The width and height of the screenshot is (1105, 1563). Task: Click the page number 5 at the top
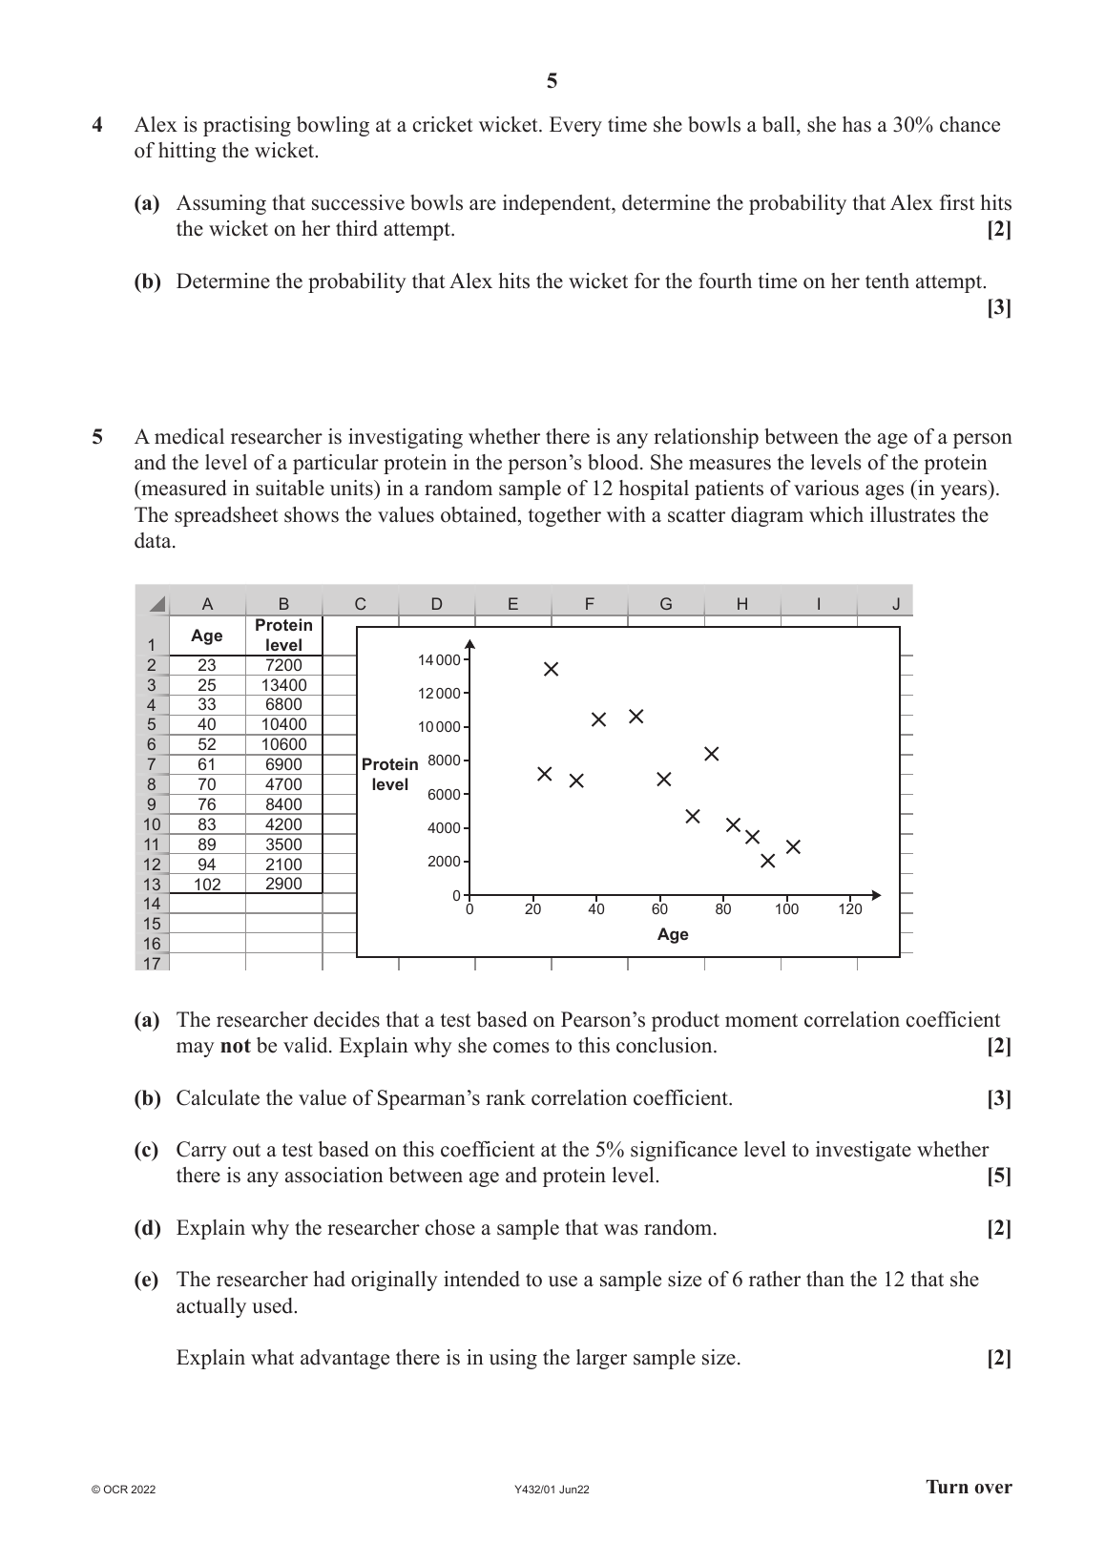(x=552, y=82)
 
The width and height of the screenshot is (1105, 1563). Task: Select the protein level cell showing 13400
(x=283, y=685)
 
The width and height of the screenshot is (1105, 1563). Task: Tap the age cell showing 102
(x=207, y=885)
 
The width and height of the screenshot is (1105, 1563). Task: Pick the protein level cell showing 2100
(x=283, y=865)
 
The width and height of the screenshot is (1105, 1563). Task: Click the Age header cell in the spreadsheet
(x=207, y=636)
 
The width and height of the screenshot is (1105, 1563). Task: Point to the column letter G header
(x=666, y=603)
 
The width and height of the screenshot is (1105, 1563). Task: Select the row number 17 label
(x=152, y=963)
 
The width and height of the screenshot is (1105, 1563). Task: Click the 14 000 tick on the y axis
(x=439, y=660)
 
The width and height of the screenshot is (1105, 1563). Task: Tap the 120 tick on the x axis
(x=850, y=909)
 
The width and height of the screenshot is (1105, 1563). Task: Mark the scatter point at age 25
(x=552, y=669)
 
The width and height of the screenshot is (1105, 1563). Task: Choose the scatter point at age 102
(x=793, y=846)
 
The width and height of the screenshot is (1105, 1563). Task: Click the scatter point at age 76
(x=711, y=754)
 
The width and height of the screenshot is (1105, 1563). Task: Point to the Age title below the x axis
(x=673, y=935)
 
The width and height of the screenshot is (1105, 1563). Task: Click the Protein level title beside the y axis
(x=389, y=775)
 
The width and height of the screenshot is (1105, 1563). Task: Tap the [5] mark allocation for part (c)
(x=999, y=1176)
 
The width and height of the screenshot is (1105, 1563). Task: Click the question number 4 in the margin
(x=97, y=125)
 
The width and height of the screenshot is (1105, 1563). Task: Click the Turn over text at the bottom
(x=969, y=1487)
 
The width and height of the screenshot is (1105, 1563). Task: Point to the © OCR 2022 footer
(x=123, y=1490)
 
